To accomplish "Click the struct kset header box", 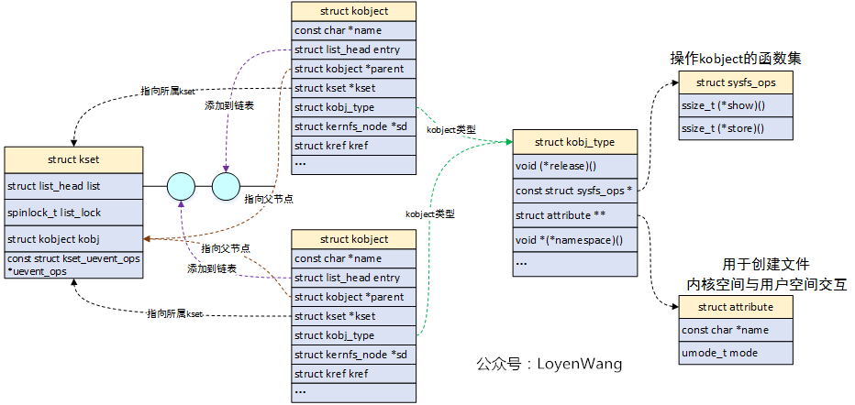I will (x=72, y=159).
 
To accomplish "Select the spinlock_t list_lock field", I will (x=72, y=213).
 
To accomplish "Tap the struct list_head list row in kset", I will (x=72, y=186).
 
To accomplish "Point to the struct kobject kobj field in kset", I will (x=72, y=239).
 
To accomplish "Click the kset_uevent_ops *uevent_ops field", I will (x=72, y=265).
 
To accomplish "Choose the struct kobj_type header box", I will (x=574, y=142).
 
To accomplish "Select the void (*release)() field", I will (x=574, y=166).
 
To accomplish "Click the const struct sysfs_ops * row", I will (x=574, y=191).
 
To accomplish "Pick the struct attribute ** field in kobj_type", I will (x=574, y=215).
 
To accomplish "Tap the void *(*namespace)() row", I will (x=574, y=240).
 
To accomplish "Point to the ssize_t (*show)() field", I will (x=735, y=105).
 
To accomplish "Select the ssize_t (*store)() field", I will (x=735, y=128).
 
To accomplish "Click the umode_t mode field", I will (x=735, y=353).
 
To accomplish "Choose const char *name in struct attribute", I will (x=735, y=330).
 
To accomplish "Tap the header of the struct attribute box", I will (x=735, y=307).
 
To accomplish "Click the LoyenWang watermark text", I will (x=549, y=364).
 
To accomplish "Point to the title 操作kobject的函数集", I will (x=736, y=59).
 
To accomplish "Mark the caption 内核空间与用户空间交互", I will (x=766, y=285).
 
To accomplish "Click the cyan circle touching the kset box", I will (x=181, y=186).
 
